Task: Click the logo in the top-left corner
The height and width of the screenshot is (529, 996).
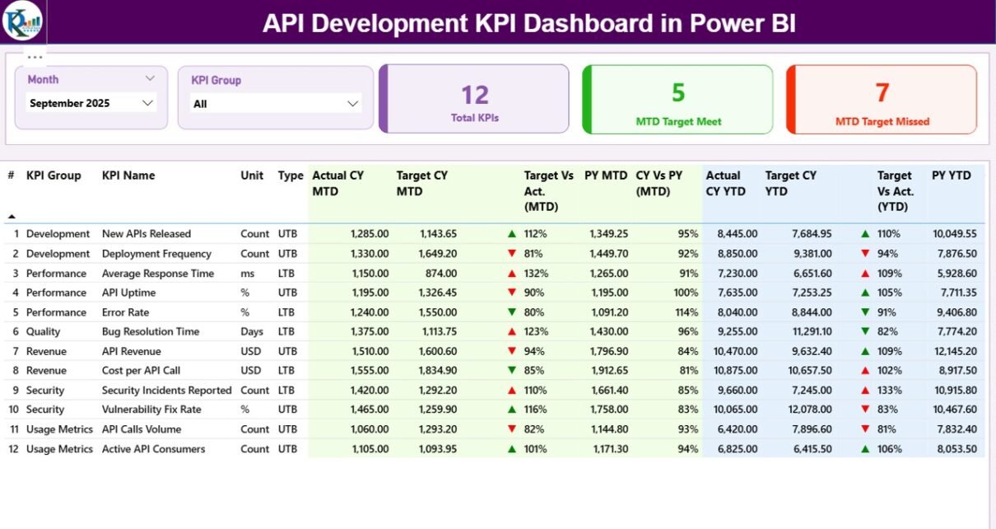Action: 22,21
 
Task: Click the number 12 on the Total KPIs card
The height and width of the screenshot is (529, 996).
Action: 475,95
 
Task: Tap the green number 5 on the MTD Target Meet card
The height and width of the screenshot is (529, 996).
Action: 678,92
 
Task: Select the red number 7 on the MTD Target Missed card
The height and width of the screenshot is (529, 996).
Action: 882,92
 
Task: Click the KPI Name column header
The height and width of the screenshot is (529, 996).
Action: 128,176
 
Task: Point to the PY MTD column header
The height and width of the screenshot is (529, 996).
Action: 606,176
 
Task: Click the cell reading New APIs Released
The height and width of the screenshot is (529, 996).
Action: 147,234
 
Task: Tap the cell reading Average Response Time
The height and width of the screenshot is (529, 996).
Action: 158,274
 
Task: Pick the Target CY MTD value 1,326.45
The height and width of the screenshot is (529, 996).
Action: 435,293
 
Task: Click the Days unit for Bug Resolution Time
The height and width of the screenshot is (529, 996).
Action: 253,331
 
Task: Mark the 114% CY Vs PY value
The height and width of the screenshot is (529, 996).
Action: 687,312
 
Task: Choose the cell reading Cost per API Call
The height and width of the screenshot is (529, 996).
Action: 142,371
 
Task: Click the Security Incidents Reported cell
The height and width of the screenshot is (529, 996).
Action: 167,391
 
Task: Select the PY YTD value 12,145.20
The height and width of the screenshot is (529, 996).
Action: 955,351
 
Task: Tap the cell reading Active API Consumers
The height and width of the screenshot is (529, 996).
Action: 154,449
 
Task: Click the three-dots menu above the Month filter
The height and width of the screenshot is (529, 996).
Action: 35,58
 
